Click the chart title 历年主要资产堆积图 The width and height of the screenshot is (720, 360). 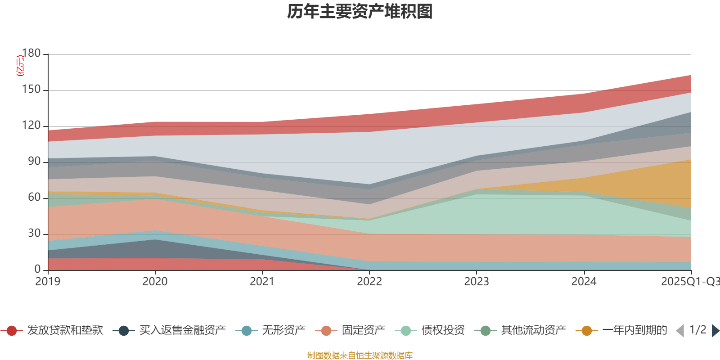tap(360, 12)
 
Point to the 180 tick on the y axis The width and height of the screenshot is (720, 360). tap(31, 53)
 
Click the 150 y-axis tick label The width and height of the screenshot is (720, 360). tap(31, 89)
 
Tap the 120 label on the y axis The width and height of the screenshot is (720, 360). tap(31, 125)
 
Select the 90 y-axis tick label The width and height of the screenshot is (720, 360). tap(34, 161)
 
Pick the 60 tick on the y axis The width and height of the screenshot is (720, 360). tap(34, 197)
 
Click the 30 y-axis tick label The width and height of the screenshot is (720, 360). tap(34, 233)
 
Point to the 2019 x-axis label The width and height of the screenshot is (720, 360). tap(48, 282)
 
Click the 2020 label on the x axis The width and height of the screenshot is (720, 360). tap(155, 282)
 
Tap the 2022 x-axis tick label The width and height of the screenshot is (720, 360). tap(369, 282)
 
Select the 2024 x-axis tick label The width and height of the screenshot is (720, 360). tap(584, 282)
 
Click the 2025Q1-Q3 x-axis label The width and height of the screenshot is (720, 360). tap(690, 282)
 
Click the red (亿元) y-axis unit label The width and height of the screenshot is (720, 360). tap(20, 66)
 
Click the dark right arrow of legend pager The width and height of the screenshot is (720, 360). tap(715, 331)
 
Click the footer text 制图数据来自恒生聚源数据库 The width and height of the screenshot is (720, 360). tap(360, 355)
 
